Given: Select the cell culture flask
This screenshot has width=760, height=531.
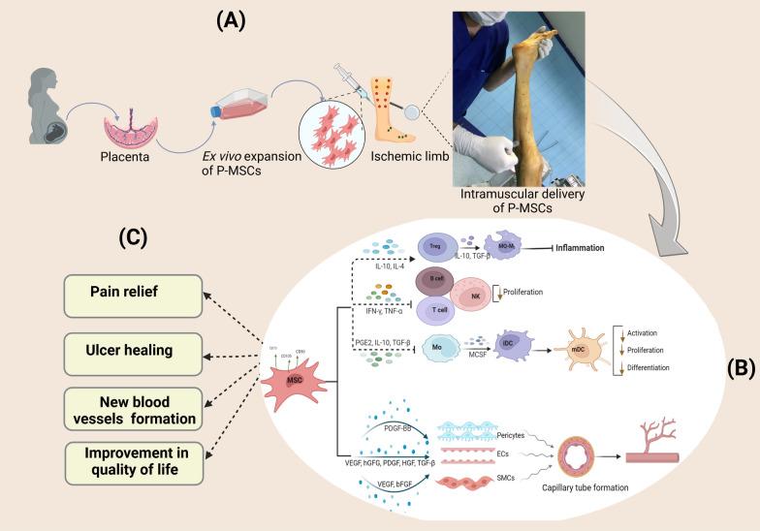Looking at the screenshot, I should (238, 98).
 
